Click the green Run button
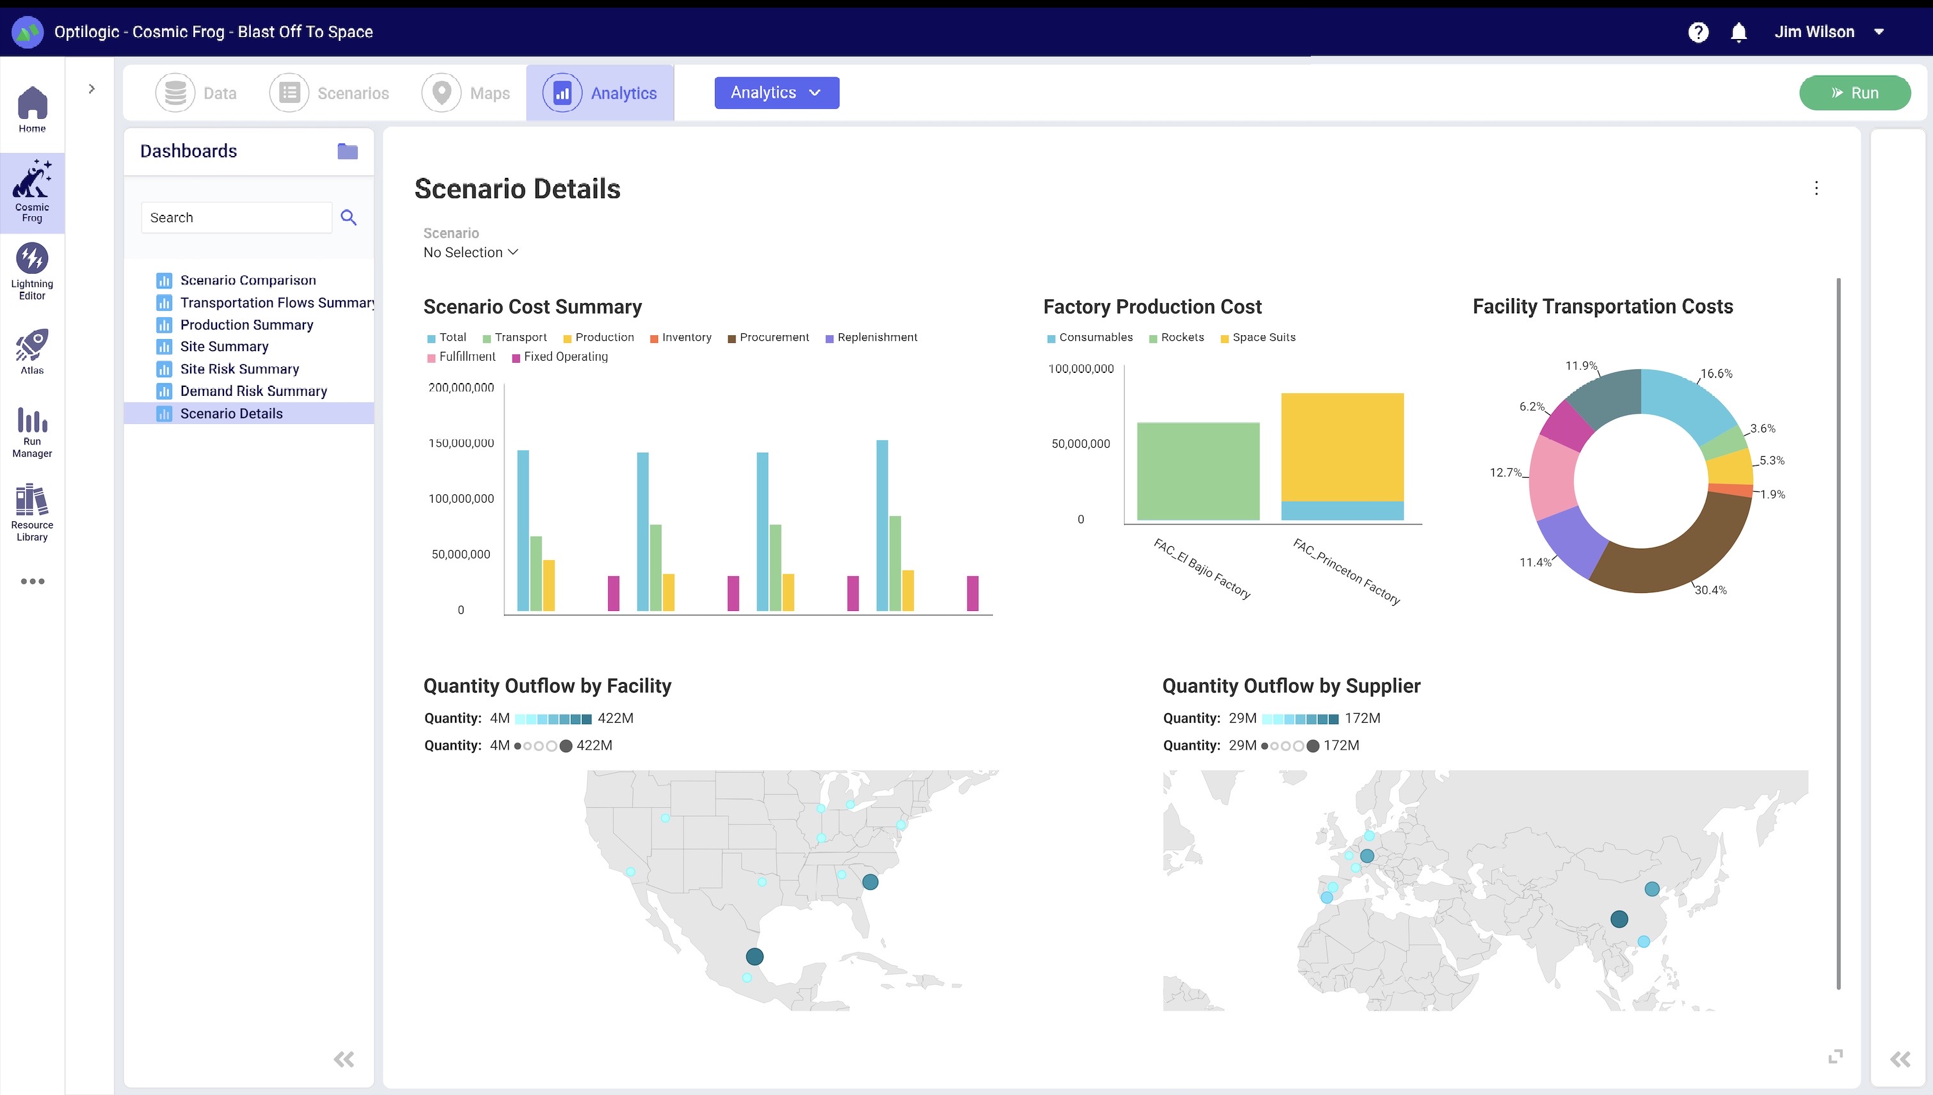point(1854,93)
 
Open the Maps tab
point(467,93)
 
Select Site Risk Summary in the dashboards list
point(239,368)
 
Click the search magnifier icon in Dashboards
point(348,217)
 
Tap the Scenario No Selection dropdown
point(471,253)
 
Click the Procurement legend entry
point(768,338)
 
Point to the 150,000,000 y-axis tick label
point(461,443)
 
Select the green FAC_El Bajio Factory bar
point(1198,471)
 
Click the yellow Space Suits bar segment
point(1342,446)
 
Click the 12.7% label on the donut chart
point(1505,472)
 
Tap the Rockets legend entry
point(1177,338)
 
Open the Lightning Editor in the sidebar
point(31,271)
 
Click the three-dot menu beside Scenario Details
point(1817,188)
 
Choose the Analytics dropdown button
point(776,93)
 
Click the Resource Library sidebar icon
point(31,512)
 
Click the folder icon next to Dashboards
point(348,151)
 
